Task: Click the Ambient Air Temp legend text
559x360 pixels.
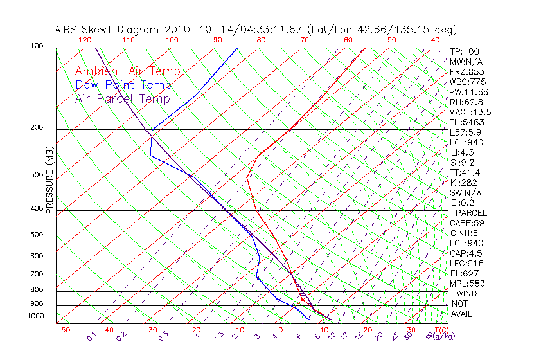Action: (127, 71)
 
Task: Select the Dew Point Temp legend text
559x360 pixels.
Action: (123, 85)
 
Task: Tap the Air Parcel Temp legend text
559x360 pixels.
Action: (122, 98)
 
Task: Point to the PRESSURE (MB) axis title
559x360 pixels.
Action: (49, 181)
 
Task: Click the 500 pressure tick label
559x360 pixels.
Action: (36, 235)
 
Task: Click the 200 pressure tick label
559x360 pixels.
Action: (36, 127)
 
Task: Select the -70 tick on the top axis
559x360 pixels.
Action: (300, 40)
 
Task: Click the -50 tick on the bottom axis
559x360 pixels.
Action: (62, 330)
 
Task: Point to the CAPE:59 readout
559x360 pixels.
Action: (466, 223)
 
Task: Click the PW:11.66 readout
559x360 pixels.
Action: (468, 92)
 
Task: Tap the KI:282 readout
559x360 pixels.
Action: (464, 183)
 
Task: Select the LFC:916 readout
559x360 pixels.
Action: (466, 263)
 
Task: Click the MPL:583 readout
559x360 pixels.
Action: (466, 283)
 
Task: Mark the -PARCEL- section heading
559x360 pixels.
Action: (472, 213)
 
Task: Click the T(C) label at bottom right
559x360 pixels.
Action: (441, 330)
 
